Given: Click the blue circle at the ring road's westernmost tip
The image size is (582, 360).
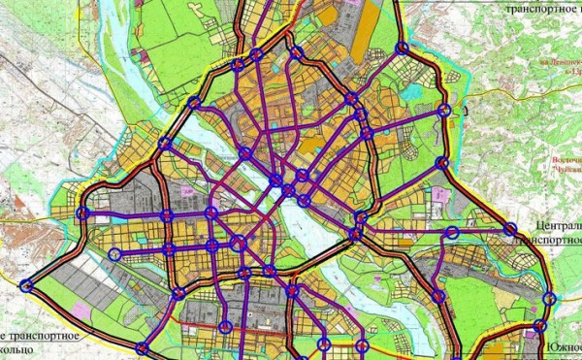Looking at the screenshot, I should pos(25,284).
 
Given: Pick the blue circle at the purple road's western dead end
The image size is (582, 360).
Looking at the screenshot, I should pos(115,255).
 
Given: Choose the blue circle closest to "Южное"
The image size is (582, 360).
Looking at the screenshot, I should pos(540,326).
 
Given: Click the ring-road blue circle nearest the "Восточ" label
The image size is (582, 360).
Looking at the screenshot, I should pos(442,163).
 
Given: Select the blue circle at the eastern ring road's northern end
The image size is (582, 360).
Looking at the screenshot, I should pos(403,48).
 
